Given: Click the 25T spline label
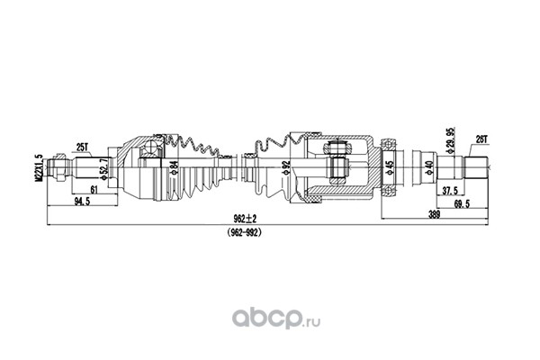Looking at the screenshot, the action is pos(82,146).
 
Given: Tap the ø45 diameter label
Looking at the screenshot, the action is pos(388,167).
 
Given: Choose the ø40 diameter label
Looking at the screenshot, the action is pos(432,167).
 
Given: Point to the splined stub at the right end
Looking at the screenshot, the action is pos(476,167).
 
